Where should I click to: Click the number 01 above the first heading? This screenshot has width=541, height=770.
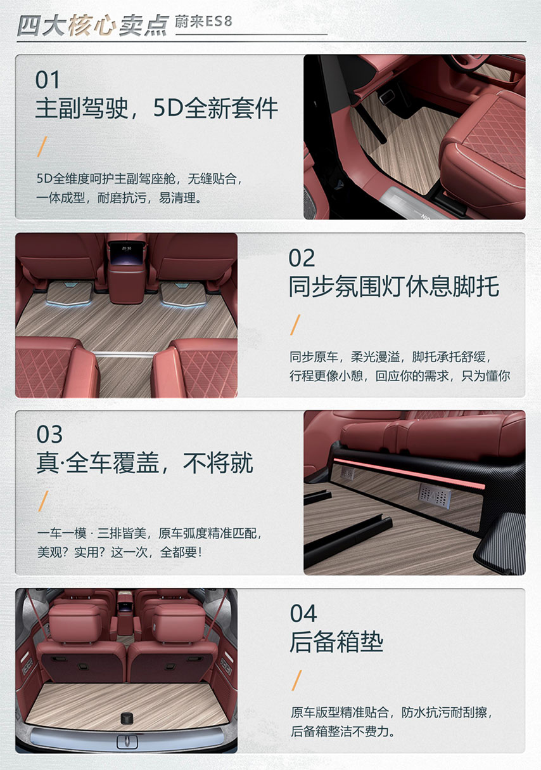[x=48, y=79]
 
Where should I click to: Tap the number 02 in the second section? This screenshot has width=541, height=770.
[x=302, y=258]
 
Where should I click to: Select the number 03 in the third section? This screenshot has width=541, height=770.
[x=49, y=434]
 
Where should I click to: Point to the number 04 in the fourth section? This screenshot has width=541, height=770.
[x=303, y=613]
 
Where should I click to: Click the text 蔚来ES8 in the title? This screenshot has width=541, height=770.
[x=203, y=22]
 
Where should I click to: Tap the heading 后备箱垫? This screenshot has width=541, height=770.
[x=336, y=641]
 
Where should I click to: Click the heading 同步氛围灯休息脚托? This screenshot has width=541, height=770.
[x=394, y=286]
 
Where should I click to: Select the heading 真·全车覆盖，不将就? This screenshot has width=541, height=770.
[x=144, y=462]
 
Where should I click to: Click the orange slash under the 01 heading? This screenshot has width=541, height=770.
[x=42, y=147]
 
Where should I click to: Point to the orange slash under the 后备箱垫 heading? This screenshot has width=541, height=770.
[x=297, y=681]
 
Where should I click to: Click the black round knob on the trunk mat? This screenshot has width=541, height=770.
[x=126, y=719]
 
